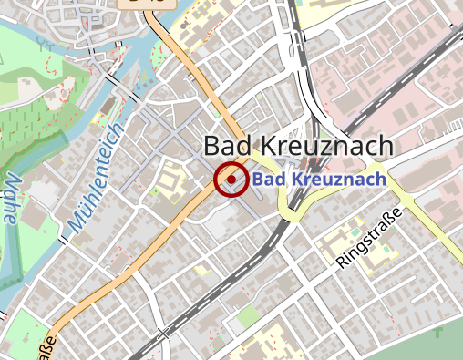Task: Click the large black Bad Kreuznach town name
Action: [298, 146]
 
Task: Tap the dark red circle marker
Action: [231, 180]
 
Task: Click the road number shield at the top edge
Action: [146, 3]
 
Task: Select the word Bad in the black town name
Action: [224, 146]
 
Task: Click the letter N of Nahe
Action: [16, 177]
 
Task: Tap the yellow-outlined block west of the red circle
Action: [170, 182]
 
